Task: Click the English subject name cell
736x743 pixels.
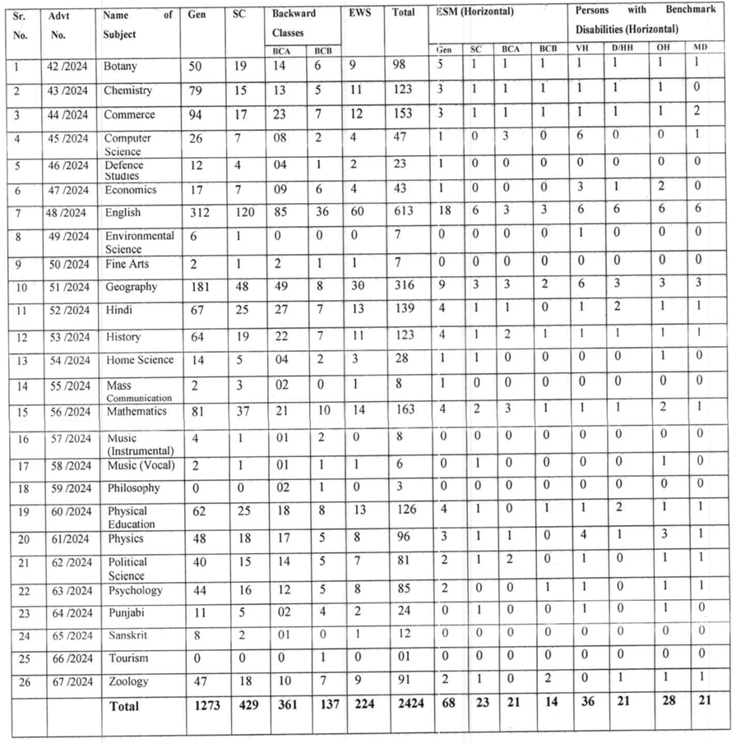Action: pos(123,213)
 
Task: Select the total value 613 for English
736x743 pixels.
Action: pos(400,213)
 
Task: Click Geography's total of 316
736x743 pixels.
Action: pos(400,287)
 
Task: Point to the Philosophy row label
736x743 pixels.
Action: pos(132,488)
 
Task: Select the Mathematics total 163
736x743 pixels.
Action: pos(400,412)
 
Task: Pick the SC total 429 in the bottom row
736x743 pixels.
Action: pos(245,704)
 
